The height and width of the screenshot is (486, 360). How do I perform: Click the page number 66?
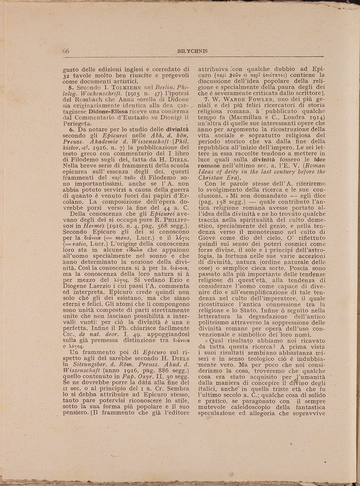tap(65, 50)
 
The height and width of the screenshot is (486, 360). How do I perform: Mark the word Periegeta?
tap(76, 124)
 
